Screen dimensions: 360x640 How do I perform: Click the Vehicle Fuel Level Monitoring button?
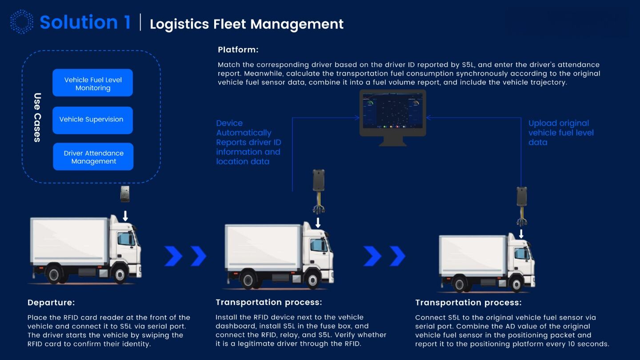(x=92, y=84)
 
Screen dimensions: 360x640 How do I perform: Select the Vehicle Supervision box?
(x=92, y=120)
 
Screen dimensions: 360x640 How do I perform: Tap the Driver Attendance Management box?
(x=93, y=157)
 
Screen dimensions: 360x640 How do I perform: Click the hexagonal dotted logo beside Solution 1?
(x=22, y=22)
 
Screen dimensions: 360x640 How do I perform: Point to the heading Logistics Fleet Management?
(x=246, y=24)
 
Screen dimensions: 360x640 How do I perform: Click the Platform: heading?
(x=238, y=50)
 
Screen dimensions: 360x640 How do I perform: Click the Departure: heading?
(x=51, y=303)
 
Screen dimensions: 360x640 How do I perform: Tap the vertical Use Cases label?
(x=37, y=117)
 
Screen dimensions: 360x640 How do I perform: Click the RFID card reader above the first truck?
(x=125, y=194)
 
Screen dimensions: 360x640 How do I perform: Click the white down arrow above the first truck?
(x=125, y=216)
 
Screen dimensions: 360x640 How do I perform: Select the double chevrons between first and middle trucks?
(x=185, y=256)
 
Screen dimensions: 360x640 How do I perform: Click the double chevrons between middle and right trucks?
(x=384, y=256)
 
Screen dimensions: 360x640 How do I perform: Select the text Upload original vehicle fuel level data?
(x=561, y=133)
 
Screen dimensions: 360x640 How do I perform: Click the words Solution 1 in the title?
(x=85, y=22)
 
